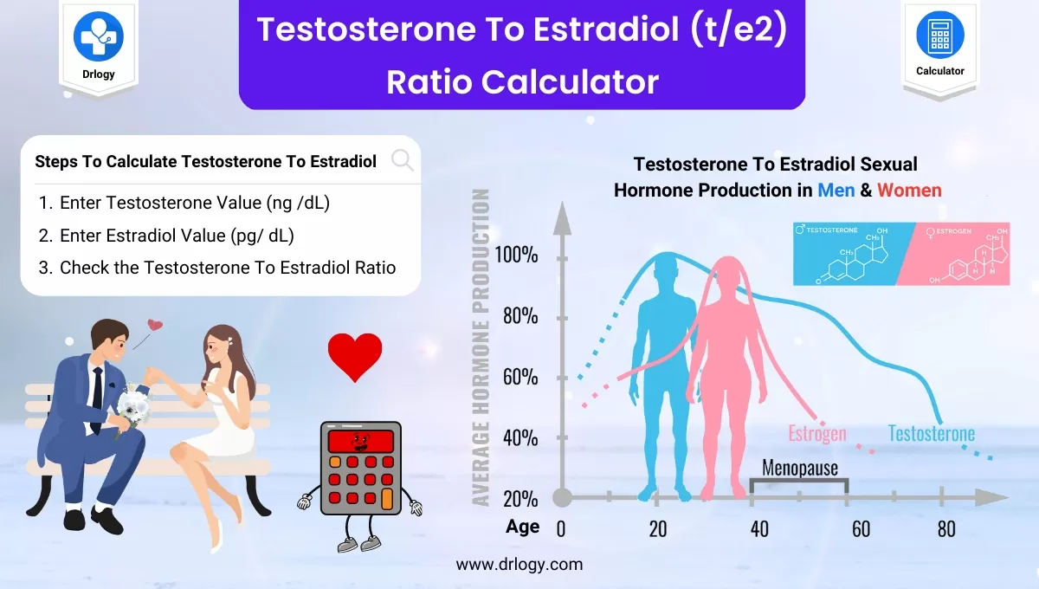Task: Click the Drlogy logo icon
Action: (x=98, y=36)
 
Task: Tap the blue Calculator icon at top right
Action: (x=939, y=36)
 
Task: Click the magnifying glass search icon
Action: (x=402, y=160)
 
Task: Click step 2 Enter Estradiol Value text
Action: (x=183, y=236)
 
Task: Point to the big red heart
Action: (x=355, y=356)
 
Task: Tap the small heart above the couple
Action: (x=155, y=326)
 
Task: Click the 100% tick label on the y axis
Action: (x=517, y=255)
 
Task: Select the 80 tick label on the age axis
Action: (x=945, y=528)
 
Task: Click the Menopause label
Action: (x=798, y=468)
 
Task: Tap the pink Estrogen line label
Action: (x=816, y=433)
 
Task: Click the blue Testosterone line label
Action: (x=931, y=433)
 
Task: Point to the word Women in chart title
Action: (x=909, y=190)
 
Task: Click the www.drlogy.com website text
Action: (x=519, y=564)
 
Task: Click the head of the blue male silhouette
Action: (x=665, y=276)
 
